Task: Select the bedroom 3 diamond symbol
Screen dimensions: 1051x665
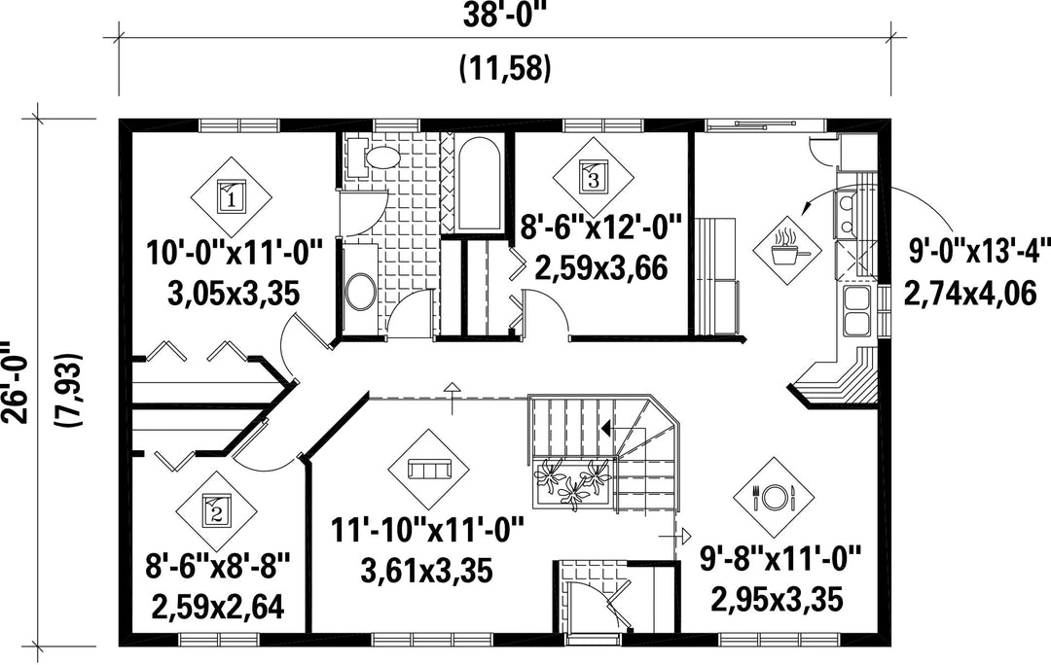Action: click(x=593, y=178)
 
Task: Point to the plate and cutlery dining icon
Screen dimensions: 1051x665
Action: click(x=775, y=497)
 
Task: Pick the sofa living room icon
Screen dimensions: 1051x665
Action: click(x=429, y=469)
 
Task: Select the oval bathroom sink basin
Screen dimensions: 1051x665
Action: click(x=362, y=292)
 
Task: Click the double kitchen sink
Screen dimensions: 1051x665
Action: click(x=855, y=311)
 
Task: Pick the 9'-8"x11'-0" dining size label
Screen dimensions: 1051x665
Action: click(x=779, y=558)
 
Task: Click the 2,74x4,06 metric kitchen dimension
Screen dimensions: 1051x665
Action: click(x=970, y=294)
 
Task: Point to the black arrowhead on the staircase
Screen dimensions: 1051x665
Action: click(x=605, y=427)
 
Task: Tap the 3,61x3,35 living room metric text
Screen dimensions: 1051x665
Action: click(x=427, y=571)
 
